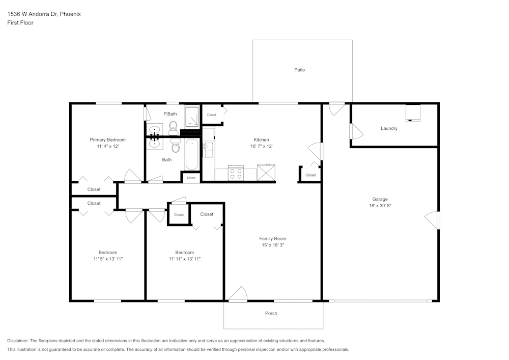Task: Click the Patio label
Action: coord(299,70)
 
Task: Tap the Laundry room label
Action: coord(389,128)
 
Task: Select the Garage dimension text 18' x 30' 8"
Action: coord(380,206)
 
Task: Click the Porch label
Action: coord(271,313)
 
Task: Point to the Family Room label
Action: coord(273,238)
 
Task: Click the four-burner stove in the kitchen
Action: coord(236,173)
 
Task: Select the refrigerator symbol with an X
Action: coord(266,173)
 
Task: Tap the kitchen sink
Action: coord(208,149)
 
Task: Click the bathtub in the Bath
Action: coord(191,155)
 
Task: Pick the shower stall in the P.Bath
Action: coord(192,117)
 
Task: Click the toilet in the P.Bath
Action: coord(173,126)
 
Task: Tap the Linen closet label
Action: coord(191,178)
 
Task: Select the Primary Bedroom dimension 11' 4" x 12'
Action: coord(107,146)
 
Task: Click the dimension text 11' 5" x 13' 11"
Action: coord(107,259)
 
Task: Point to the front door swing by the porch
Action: coord(238,294)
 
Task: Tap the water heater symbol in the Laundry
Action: coord(413,113)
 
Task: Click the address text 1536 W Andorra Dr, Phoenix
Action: coord(44,14)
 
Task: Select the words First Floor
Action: coord(20,23)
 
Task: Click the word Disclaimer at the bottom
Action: coord(18,341)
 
